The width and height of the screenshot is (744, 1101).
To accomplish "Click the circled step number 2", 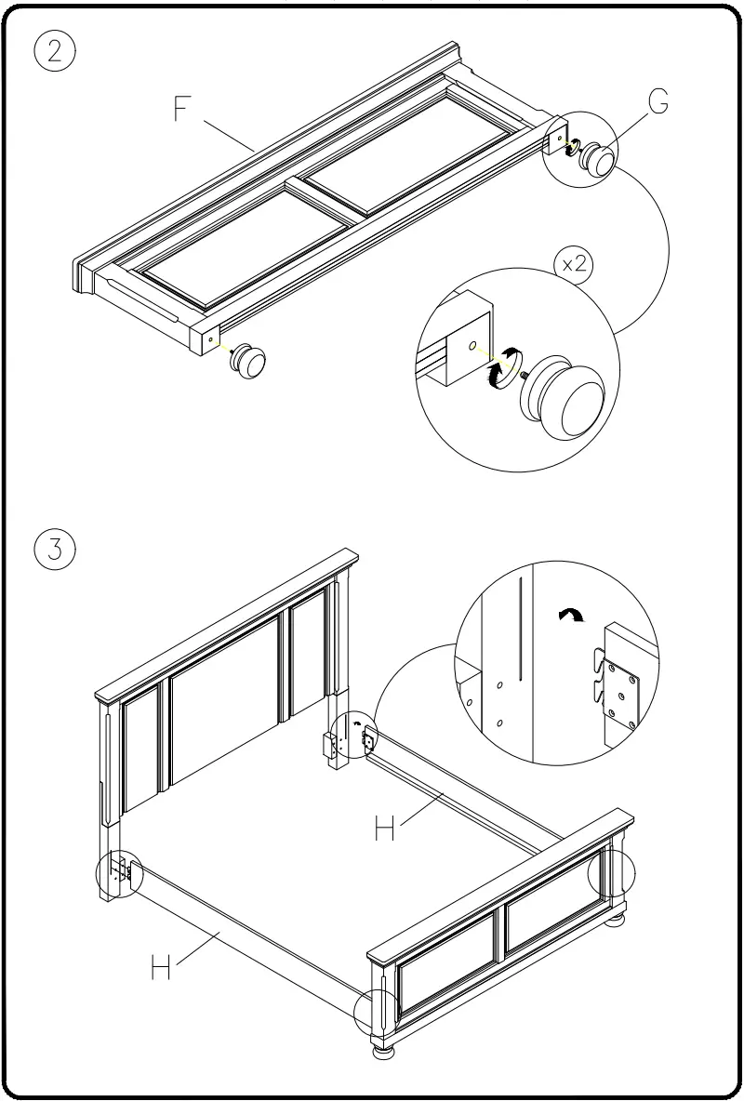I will click(x=55, y=51).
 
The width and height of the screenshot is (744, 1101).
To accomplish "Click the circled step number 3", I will click(x=55, y=549).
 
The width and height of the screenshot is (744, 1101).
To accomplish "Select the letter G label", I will click(x=658, y=102).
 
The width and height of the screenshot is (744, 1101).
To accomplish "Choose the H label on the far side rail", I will click(x=386, y=827).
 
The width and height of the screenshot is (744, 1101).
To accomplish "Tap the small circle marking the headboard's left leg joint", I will click(x=119, y=872).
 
